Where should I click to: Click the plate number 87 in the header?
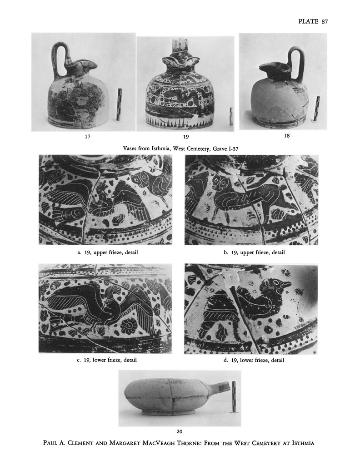tap(325, 22)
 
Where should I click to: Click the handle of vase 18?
tap(295, 62)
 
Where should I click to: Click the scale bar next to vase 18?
tap(317, 108)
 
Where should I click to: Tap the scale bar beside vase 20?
tap(234, 396)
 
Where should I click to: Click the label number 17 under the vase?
tap(88, 137)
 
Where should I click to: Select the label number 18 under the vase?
tap(287, 136)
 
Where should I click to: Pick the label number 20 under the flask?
tap(180, 431)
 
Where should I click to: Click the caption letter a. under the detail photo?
tap(79, 252)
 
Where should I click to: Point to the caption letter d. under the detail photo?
tap(226, 360)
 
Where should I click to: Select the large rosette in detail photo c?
tap(129, 326)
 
